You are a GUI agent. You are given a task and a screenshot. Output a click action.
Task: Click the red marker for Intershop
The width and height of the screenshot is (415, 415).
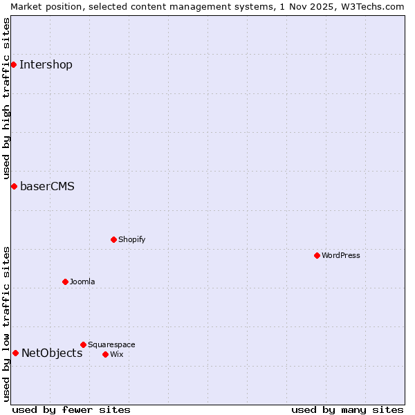coord(13,64)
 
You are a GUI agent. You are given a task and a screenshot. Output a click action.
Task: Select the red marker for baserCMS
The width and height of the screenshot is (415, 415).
coord(14,186)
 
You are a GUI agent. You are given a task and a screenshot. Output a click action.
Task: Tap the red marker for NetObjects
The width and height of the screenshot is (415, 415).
coord(15,353)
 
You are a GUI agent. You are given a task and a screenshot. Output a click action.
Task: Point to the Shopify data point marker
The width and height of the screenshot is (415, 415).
coord(113,239)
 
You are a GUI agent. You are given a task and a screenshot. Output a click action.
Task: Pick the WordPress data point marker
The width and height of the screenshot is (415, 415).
coord(317,255)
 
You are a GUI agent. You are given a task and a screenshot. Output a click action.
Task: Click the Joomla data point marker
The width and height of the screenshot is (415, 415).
coord(65,282)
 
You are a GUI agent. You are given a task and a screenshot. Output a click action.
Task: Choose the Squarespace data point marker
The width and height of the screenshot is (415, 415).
coord(83,344)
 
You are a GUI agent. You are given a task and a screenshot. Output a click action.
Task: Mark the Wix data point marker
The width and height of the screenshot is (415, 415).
coord(105,354)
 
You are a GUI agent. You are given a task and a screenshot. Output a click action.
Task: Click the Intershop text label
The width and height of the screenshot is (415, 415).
coord(46,65)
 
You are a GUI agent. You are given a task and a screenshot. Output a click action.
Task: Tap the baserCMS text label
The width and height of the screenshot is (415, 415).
coord(47,187)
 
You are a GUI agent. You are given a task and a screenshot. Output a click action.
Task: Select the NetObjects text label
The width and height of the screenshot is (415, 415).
coord(52,353)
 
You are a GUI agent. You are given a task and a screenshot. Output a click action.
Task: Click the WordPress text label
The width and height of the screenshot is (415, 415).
coord(341,256)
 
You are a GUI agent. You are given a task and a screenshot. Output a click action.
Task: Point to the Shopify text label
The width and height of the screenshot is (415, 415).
coord(132,240)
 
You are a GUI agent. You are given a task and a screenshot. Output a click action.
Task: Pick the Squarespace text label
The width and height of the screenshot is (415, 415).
coord(111,345)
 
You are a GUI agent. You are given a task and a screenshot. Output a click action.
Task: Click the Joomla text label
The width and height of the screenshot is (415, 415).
coord(82,282)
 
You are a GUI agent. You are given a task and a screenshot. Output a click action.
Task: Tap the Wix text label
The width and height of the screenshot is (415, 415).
coord(117,355)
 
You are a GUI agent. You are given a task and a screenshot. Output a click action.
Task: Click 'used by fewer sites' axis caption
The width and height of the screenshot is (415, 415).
coord(71,409)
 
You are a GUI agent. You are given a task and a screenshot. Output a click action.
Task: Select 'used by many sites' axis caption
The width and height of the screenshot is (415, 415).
coord(347,409)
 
